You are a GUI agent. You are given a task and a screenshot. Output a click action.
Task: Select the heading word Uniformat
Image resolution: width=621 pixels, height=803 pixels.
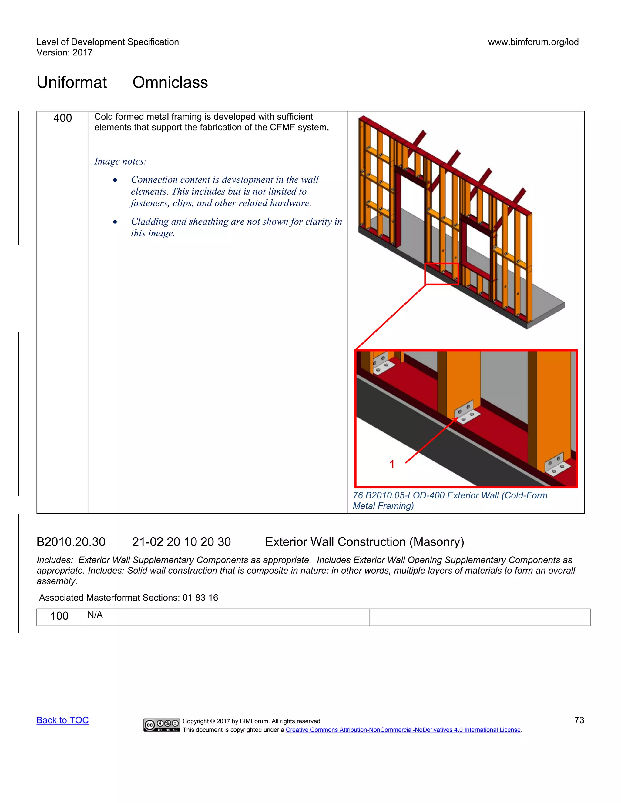pos(72,82)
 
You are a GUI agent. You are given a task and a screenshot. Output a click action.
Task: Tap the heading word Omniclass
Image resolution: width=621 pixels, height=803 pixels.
pos(170,82)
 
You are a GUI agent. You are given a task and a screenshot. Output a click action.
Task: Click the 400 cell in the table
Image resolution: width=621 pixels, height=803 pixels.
pos(62,118)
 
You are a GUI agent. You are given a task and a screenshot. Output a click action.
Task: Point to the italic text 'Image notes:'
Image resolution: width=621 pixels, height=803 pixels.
pos(120,162)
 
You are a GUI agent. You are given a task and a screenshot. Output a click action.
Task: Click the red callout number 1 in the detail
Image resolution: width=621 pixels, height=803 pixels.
pos(392,464)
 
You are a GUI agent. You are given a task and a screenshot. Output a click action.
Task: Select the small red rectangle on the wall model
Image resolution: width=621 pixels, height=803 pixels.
pos(441,274)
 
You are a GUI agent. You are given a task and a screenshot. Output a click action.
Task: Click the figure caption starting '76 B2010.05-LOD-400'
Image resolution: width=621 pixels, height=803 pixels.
pos(450,500)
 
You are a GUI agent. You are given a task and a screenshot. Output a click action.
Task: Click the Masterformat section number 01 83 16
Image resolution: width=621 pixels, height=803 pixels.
pos(200,598)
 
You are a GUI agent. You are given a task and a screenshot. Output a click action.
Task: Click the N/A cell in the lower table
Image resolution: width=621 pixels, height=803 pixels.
pos(95,615)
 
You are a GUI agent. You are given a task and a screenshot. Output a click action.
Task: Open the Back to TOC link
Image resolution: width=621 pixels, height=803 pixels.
pos(62,720)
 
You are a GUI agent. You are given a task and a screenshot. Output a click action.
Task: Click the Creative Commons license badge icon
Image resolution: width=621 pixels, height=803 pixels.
pos(162,725)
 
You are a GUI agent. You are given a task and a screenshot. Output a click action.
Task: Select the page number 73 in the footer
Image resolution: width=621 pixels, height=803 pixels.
pos(579,720)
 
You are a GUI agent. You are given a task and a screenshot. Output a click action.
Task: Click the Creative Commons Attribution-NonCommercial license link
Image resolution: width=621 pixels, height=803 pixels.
pos(403,730)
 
